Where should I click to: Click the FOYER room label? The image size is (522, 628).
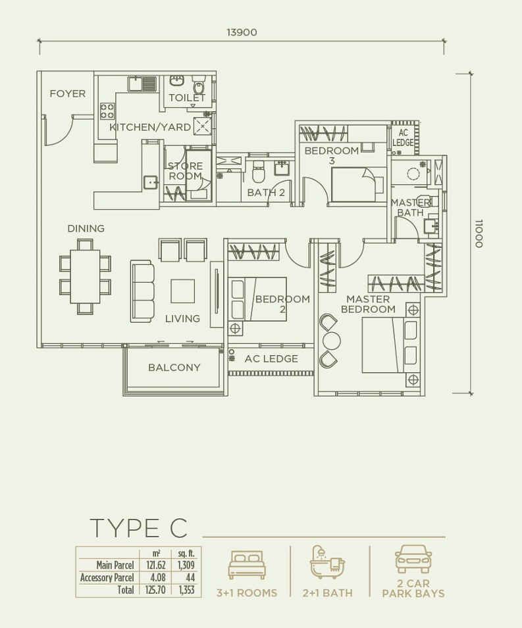tap(67, 94)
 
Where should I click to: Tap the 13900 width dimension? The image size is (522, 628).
tap(242, 32)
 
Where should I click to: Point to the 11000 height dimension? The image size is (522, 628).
tap(479, 233)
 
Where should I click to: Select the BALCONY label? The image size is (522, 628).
tap(174, 368)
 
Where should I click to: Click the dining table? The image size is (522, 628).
tap(85, 276)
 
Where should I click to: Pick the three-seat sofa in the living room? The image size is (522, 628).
tap(142, 291)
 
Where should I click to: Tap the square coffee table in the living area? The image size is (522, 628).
tap(182, 291)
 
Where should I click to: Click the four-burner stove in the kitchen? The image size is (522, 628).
tap(107, 111)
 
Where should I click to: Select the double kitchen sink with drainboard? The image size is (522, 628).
tap(142, 84)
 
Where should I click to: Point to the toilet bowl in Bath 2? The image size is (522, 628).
tap(257, 172)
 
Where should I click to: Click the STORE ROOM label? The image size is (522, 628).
tap(185, 171)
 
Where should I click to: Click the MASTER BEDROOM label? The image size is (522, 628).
tap(368, 304)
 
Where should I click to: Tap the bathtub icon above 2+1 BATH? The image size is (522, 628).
tap(328, 562)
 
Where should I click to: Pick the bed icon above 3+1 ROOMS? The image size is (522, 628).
tap(247, 564)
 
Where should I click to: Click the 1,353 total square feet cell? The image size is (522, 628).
tap(186, 590)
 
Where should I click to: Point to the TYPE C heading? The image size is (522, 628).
tap(139, 528)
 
